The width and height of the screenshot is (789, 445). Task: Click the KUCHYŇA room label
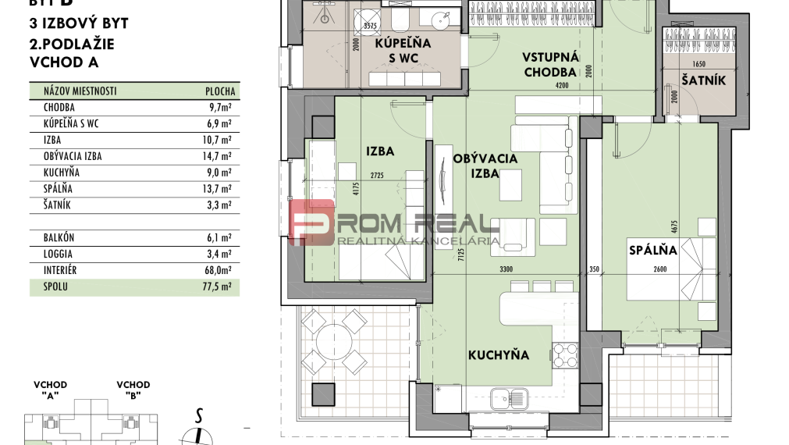498,355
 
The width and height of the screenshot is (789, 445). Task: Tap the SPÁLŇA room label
653,251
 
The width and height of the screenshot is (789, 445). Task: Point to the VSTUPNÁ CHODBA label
549,65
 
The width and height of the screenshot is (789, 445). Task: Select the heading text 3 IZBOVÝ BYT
78,23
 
